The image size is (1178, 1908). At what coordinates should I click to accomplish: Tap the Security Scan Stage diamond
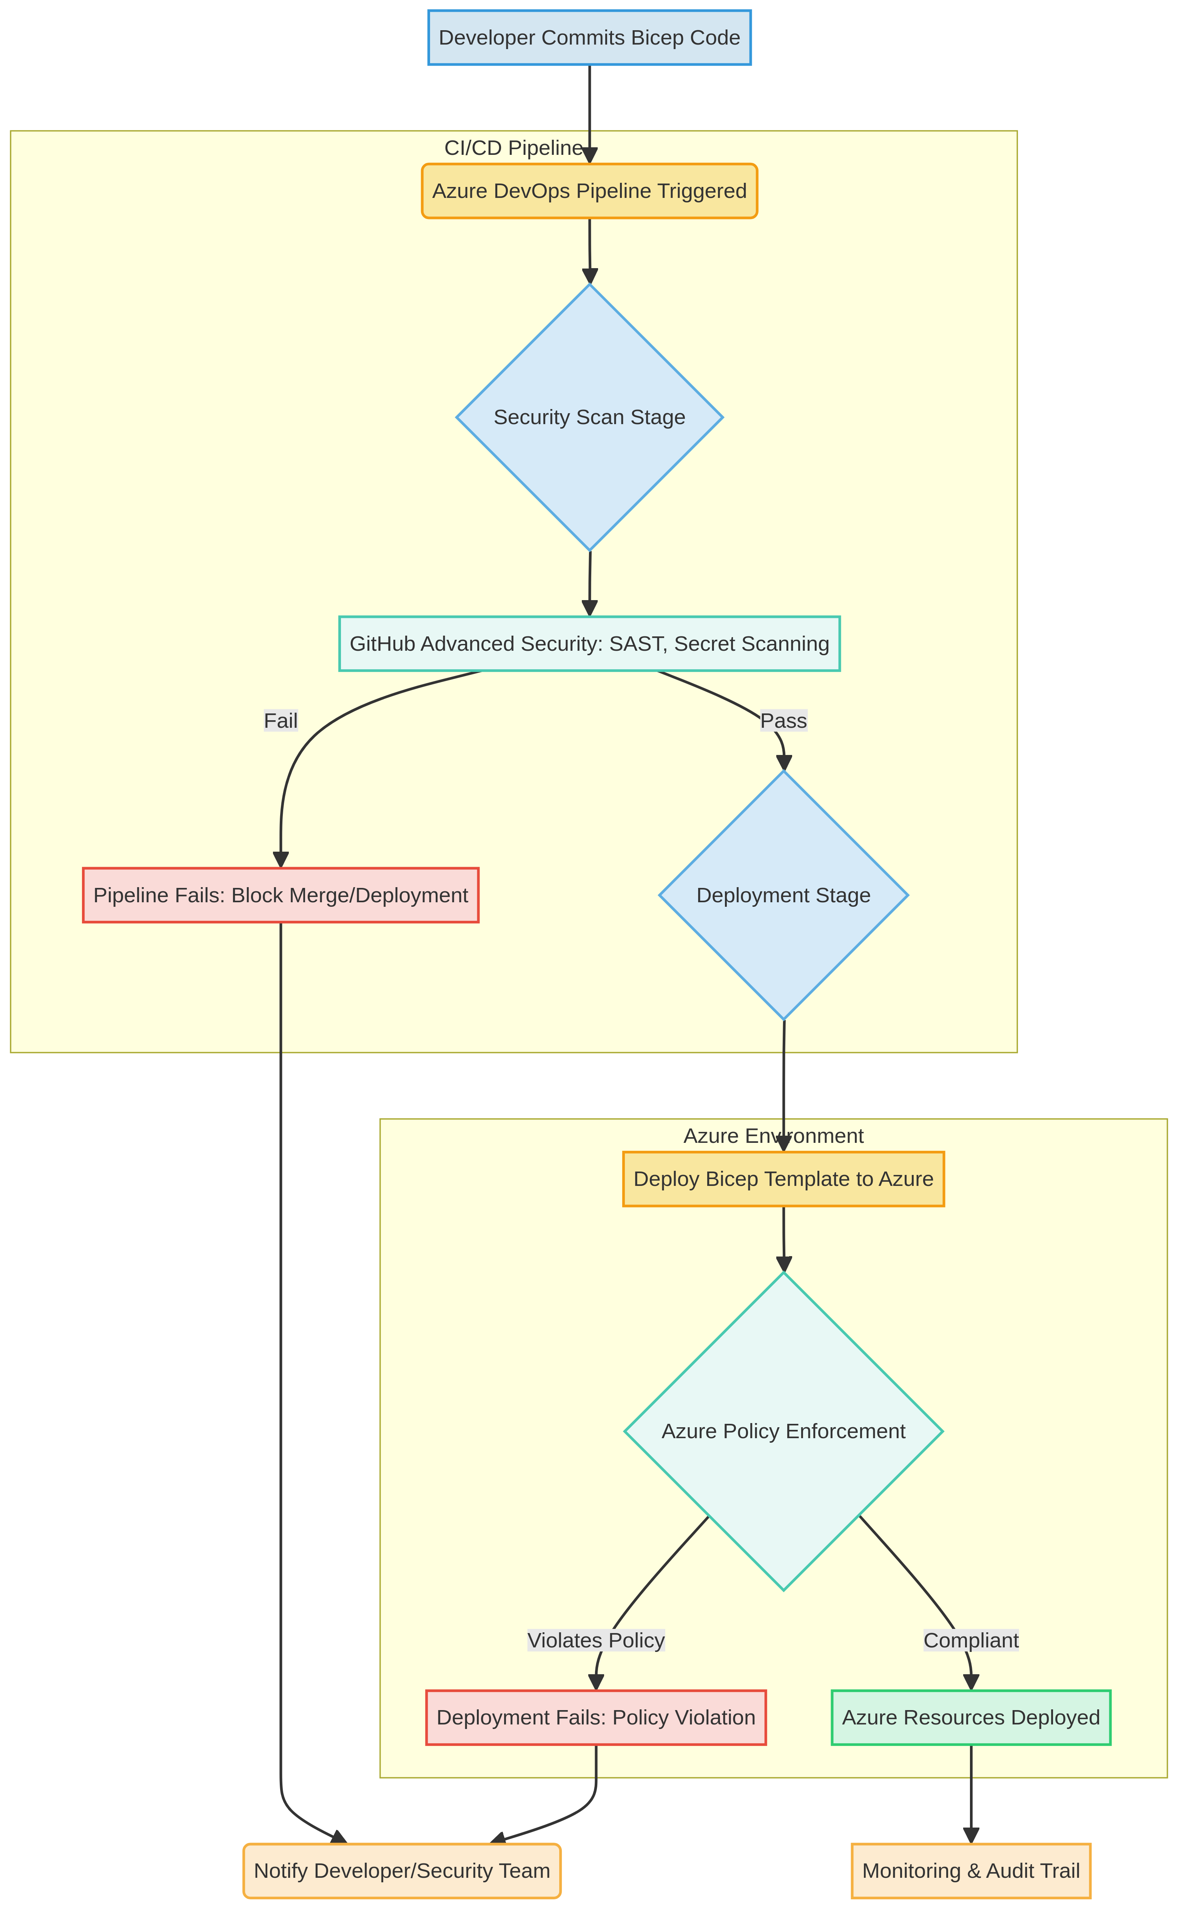(590, 417)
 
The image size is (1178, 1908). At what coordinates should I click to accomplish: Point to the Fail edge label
(281, 721)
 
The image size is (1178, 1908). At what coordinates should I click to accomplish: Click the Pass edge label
(784, 721)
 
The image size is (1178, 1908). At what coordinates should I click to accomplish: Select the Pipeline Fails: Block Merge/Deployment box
(281, 895)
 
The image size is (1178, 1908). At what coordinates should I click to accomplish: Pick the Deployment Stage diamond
(784, 895)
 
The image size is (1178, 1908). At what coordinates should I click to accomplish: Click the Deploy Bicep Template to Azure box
(784, 1179)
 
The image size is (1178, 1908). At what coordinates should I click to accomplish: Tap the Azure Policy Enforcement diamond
(784, 1431)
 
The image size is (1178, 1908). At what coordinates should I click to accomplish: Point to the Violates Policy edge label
(596, 1640)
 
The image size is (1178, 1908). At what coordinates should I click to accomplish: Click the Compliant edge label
(971, 1640)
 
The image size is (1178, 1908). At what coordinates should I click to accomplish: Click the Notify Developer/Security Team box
(402, 1871)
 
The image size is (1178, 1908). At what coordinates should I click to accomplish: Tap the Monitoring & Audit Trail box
(971, 1871)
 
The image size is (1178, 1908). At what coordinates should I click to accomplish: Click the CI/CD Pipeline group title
(513, 148)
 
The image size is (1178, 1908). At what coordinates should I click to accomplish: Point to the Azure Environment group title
(774, 1136)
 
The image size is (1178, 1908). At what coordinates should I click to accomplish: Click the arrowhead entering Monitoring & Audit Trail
(971, 1835)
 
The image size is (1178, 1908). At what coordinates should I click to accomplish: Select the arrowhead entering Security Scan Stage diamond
(590, 276)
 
